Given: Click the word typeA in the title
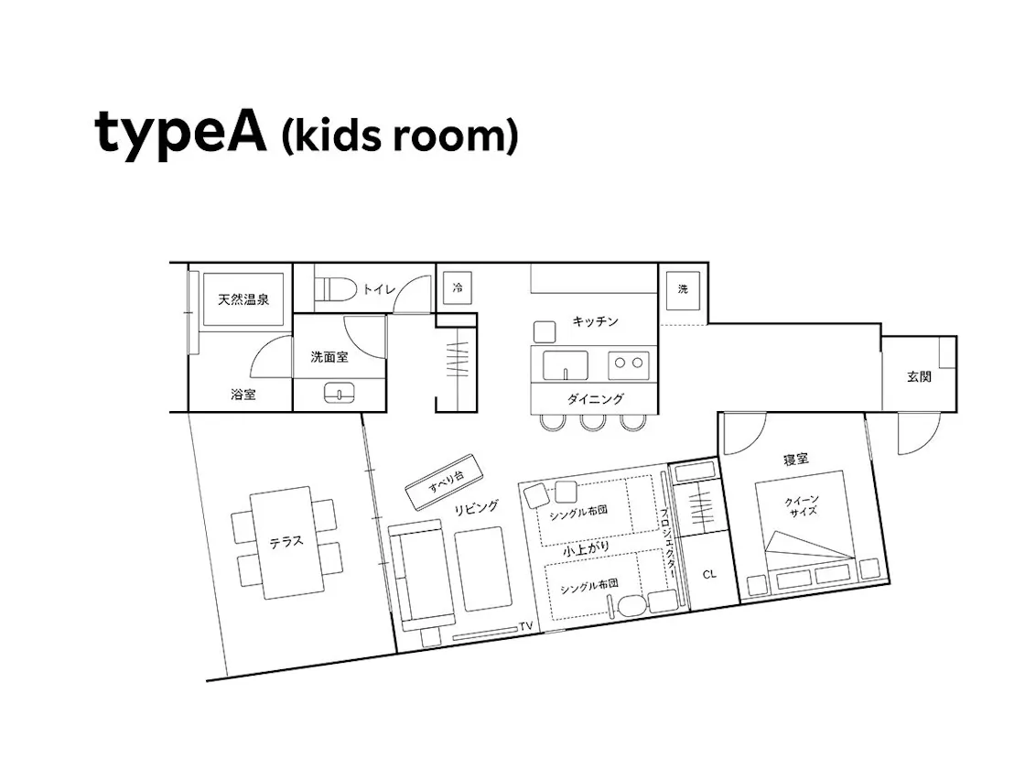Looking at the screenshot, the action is tap(181, 134).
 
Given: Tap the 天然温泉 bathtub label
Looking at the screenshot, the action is tap(243, 299).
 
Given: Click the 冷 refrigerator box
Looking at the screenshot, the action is tap(458, 287).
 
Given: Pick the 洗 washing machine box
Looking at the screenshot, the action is tap(683, 289).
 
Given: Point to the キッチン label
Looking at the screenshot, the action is tap(595, 321).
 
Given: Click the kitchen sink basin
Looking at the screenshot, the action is tap(566, 365).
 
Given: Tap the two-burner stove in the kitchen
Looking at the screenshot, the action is tap(628, 363).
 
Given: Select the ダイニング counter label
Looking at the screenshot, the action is tap(596, 398).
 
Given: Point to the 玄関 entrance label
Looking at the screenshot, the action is tap(919, 376).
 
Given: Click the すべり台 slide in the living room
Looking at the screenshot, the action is tap(444, 482).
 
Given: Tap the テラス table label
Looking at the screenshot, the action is tap(286, 542).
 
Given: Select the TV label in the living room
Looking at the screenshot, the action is tap(526, 626).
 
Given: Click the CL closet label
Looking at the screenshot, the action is tap(709, 574).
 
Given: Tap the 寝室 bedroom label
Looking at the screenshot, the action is tap(796, 459).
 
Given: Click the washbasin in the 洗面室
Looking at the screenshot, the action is tap(340, 393).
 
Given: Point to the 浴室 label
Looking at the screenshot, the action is tap(243, 395).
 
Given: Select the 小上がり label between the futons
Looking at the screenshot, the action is tap(587, 549).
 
